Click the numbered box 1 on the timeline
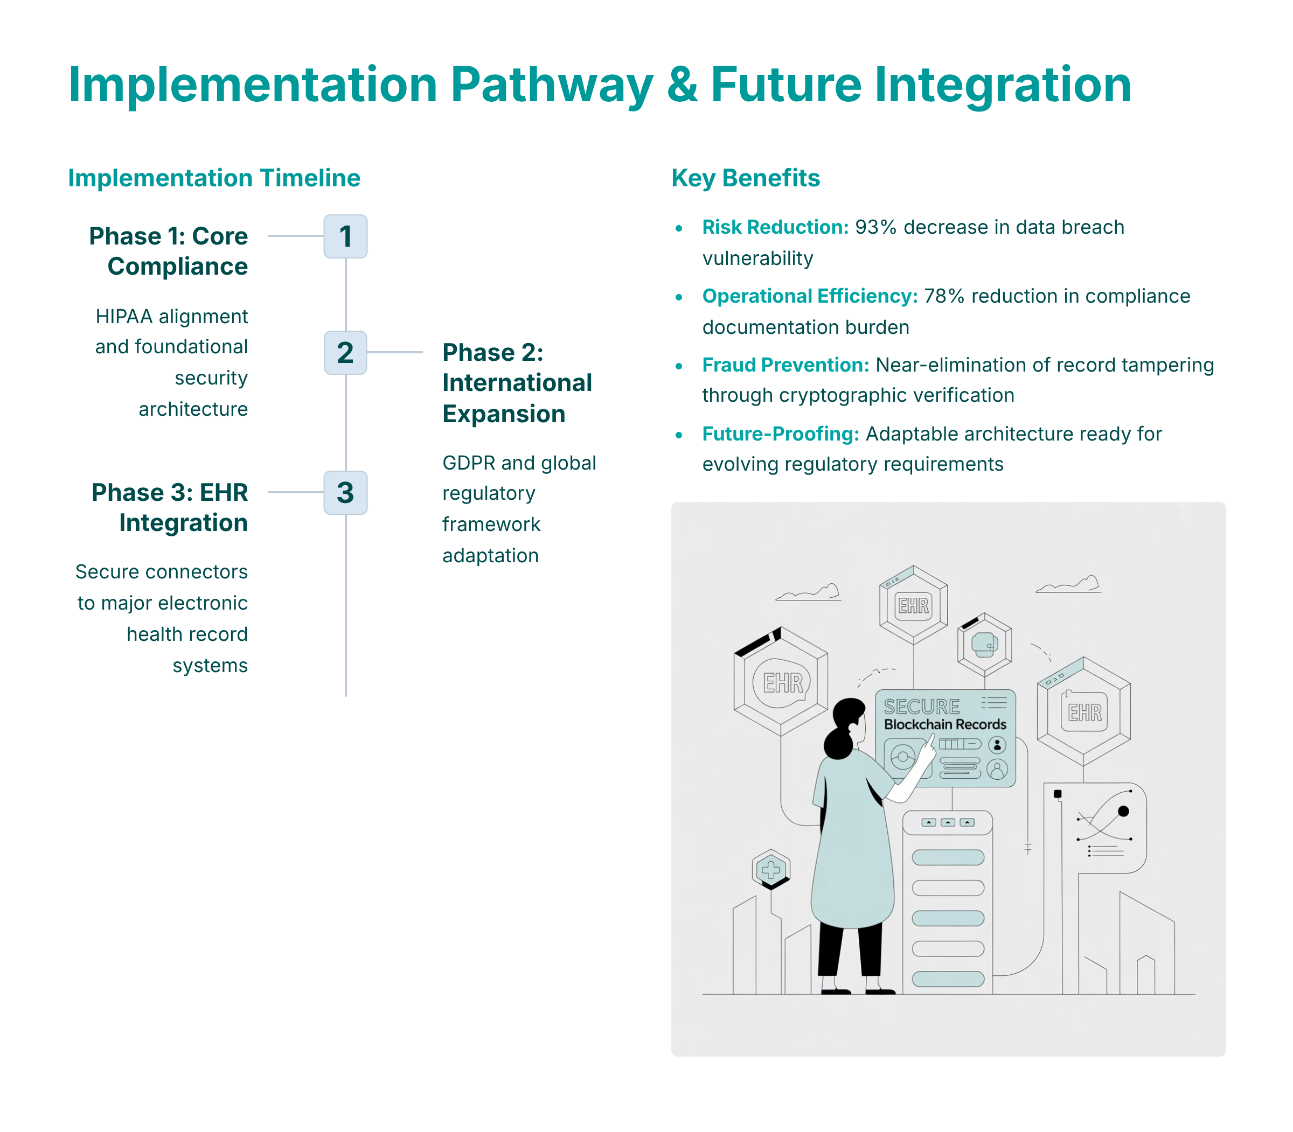[345, 236]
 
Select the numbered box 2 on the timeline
[345, 353]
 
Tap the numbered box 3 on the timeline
[345, 492]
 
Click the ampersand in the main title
[682, 85]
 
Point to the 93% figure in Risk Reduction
[876, 227]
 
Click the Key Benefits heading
[745, 178]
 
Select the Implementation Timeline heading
[214, 178]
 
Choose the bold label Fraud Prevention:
[785, 365]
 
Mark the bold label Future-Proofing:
[781, 434]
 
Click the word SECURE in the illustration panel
[921, 706]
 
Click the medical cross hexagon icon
[771, 870]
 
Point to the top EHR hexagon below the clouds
[913, 605]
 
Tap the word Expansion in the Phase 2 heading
[504, 414]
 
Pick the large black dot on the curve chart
[1123, 811]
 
